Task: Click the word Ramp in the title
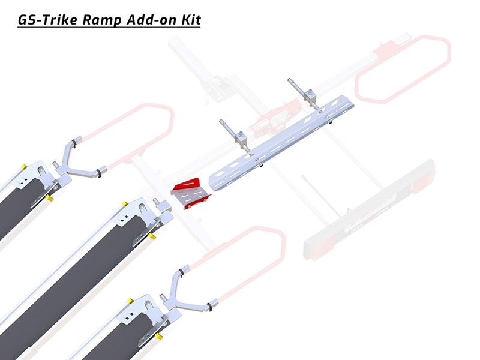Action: [101, 20]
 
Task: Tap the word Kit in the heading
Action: [191, 20]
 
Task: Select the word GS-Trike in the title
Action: [48, 20]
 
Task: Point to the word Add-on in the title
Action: [152, 20]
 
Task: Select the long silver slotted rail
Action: [281, 143]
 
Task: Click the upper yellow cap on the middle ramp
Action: [125, 204]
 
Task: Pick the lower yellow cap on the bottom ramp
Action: [158, 336]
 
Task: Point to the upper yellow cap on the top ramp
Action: [24, 167]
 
